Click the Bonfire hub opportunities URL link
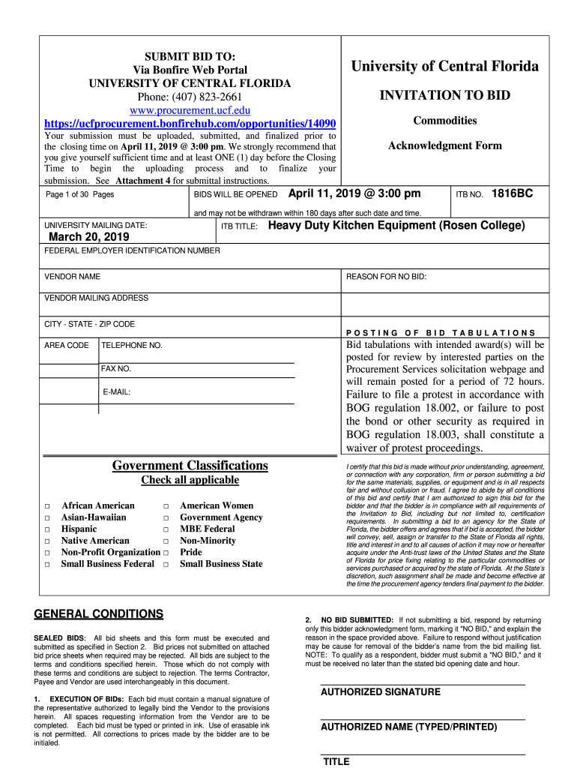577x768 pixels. point(190,123)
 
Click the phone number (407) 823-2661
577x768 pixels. point(190,97)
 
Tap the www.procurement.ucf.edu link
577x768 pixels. point(190,109)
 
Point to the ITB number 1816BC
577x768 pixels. point(512,193)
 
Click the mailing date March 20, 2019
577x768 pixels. point(88,237)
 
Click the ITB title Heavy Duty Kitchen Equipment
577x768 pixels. point(396,226)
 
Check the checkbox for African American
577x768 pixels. point(46,507)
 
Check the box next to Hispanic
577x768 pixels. point(46,530)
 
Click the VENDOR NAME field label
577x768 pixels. point(73,277)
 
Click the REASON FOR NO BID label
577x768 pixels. point(386,277)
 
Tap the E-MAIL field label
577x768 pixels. point(116,391)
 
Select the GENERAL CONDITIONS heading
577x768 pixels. point(99,614)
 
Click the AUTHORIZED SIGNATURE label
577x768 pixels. point(381,692)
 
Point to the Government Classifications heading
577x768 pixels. point(190,466)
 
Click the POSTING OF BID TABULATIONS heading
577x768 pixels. point(441,332)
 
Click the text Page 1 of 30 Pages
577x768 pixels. point(80,194)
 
